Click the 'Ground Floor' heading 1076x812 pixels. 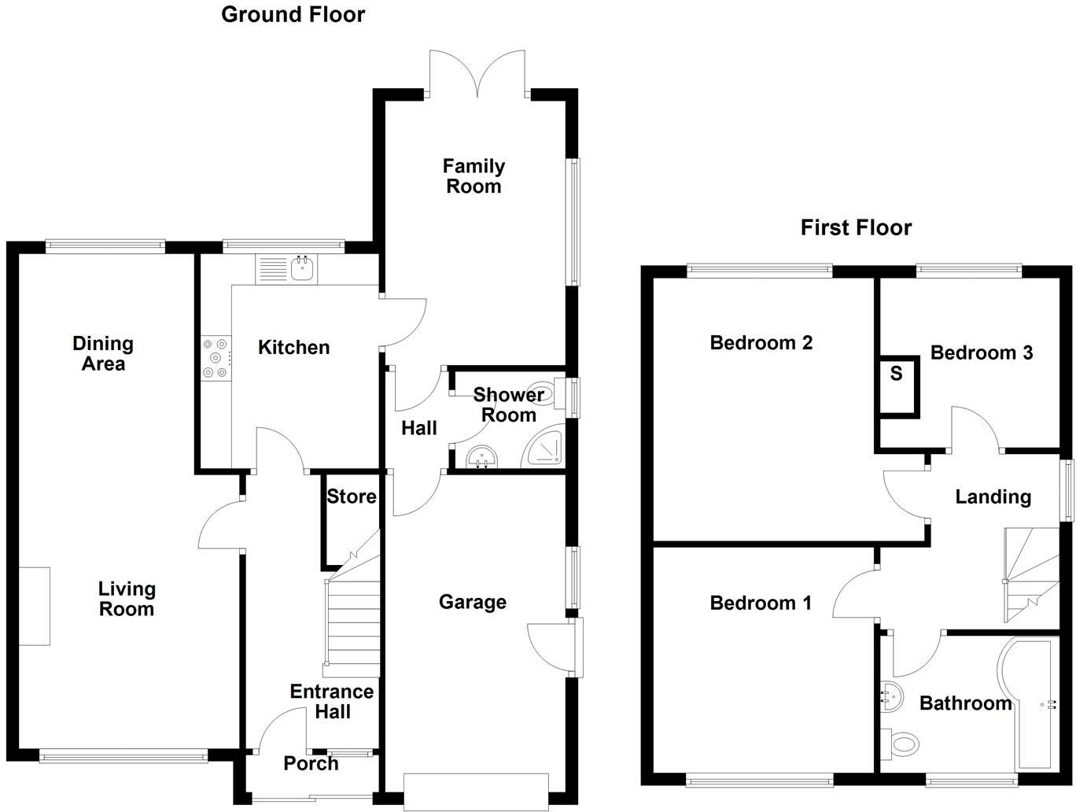click(293, 14)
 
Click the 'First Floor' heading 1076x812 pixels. click(856, 227)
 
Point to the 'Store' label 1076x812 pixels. click(351, 496)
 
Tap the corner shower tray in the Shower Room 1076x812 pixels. click(545, 448)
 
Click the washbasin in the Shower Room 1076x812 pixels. click(481, 456)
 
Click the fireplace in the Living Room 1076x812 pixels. click(34, 606)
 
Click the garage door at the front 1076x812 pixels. click(475, 792)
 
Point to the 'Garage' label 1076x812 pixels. click(472, 602)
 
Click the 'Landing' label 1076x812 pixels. click(993, 496)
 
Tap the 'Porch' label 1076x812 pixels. click(311, 763)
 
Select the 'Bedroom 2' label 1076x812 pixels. click(761, 343)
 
